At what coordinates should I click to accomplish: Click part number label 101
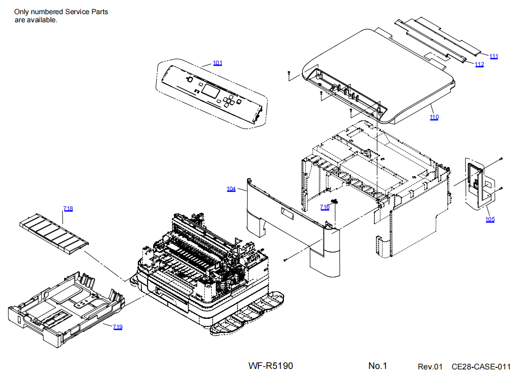[217, 63]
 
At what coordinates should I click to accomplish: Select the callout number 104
[231, 189]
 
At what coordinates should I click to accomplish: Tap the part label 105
[490, 220]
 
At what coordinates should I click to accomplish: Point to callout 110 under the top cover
[434, 117]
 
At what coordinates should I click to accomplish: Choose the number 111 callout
[494, 56]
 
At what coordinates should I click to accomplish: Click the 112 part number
[479, 64]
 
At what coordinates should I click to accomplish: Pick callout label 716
[325, 207]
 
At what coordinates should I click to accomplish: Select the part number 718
[68, 209]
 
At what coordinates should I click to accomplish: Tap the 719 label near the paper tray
[117, 327]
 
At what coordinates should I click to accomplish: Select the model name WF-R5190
[270, 366]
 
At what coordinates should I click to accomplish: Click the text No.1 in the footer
[377, 366]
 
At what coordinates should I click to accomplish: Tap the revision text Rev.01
[430, 367]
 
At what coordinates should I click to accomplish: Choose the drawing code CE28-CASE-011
[481, 367]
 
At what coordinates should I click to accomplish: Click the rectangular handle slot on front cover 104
[287, 215]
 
